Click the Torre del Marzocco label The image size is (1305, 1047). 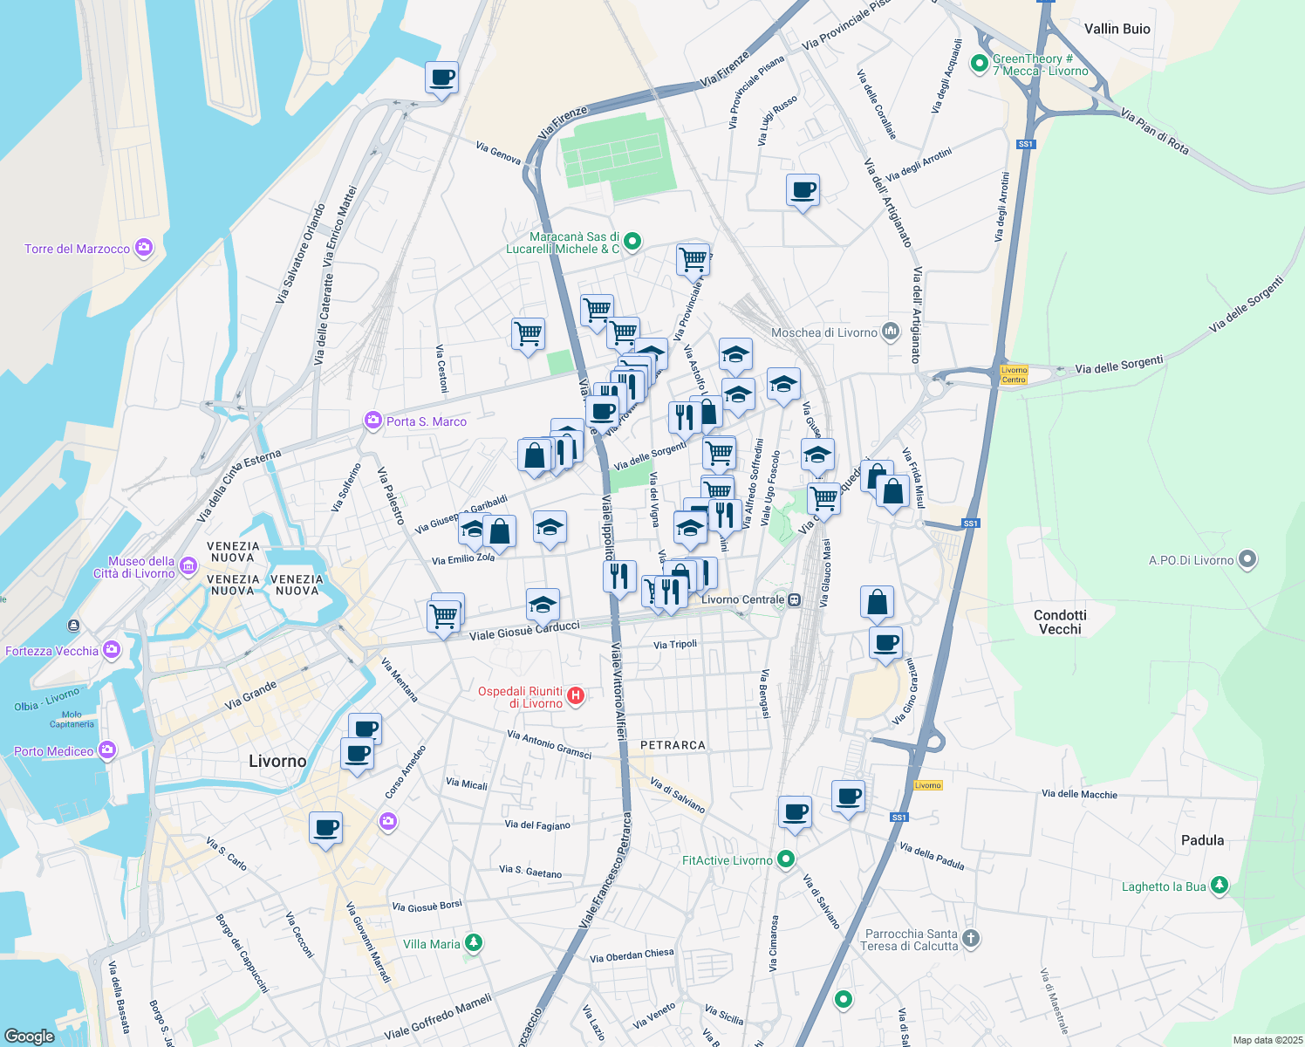[x=77, y=249]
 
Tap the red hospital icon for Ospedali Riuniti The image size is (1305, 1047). [x=576, y=695]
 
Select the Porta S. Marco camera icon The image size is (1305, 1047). [x=373, y=421]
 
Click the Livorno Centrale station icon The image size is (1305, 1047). [x=794, y=599]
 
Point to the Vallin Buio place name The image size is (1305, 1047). [x=1117, y=29]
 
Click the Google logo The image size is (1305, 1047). [x=29, y=1036]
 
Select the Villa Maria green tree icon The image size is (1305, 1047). [x=474, y=943]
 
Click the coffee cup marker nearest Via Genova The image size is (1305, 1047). [x=442, y=78]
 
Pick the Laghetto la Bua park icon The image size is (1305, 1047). [x=1220, y=886]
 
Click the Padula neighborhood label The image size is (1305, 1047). [x=1202, y=840]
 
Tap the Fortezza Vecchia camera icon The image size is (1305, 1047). [x=112, y=649]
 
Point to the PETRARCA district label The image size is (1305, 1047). [x=673, y=745]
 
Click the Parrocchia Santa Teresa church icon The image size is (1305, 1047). [x=971, y=939]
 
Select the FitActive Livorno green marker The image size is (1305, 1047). [x=786, y=859]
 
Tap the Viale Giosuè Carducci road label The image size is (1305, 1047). [x=524, y=631]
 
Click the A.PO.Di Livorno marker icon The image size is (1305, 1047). [x=1247, y=559]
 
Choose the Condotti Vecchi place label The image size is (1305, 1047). [x=1060, y=621]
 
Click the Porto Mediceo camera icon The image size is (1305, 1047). [x=106, y=749]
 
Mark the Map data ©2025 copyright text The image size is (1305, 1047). [x=1267, y=1040]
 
